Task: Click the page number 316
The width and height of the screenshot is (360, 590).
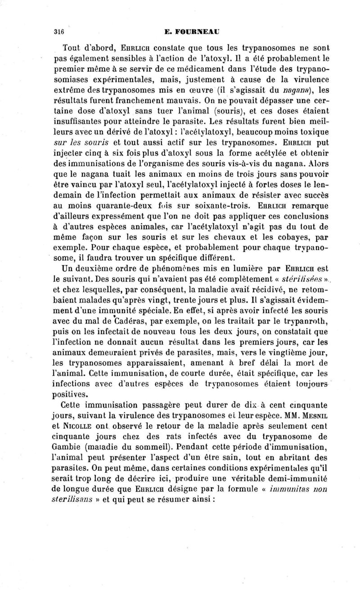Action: click(x=58, y=32)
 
